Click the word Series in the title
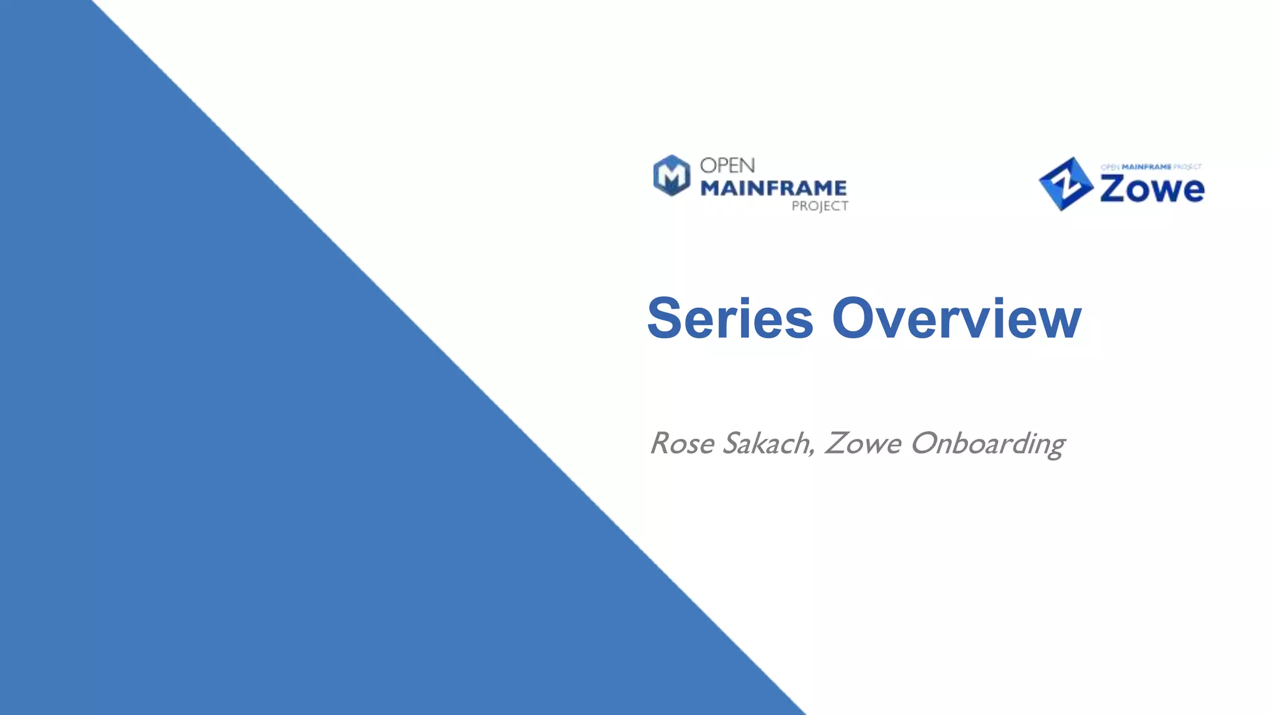[730, 318]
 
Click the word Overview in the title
[956, 318]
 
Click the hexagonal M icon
[671, 176]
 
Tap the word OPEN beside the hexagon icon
[727, 166]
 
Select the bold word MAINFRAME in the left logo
[773, 188]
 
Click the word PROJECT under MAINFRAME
[819, 206]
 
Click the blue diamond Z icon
[1066, 184]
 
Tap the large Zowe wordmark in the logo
[1152, 189]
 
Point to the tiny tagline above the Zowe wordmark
[1151, 167]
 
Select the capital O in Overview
[854, 318]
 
